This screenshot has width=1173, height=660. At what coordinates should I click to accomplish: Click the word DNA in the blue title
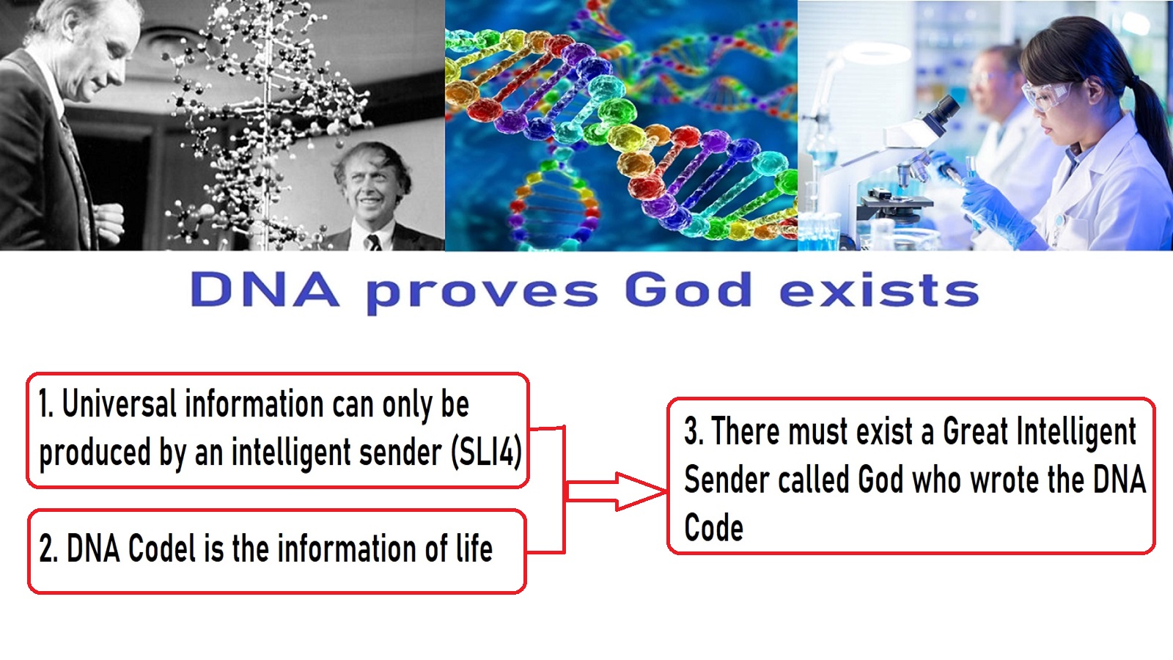pyautogui.click(x=265, y=289)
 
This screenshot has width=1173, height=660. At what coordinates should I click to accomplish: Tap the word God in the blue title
pyautogui.click(x=688, y=289)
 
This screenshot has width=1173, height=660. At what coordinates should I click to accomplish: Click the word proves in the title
pyautogui.click(x=482, y=293)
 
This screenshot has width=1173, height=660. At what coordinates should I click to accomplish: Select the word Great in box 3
pyautogui.click(x=975, y=431)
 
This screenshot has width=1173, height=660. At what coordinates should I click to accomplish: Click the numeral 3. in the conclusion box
pyautogui.click(x=694, y=431)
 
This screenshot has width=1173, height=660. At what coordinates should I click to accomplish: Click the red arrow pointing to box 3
pyautogui.click(x=617, y=491)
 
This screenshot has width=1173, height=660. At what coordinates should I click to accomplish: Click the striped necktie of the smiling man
pyautogui.click(x=374, y=242)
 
